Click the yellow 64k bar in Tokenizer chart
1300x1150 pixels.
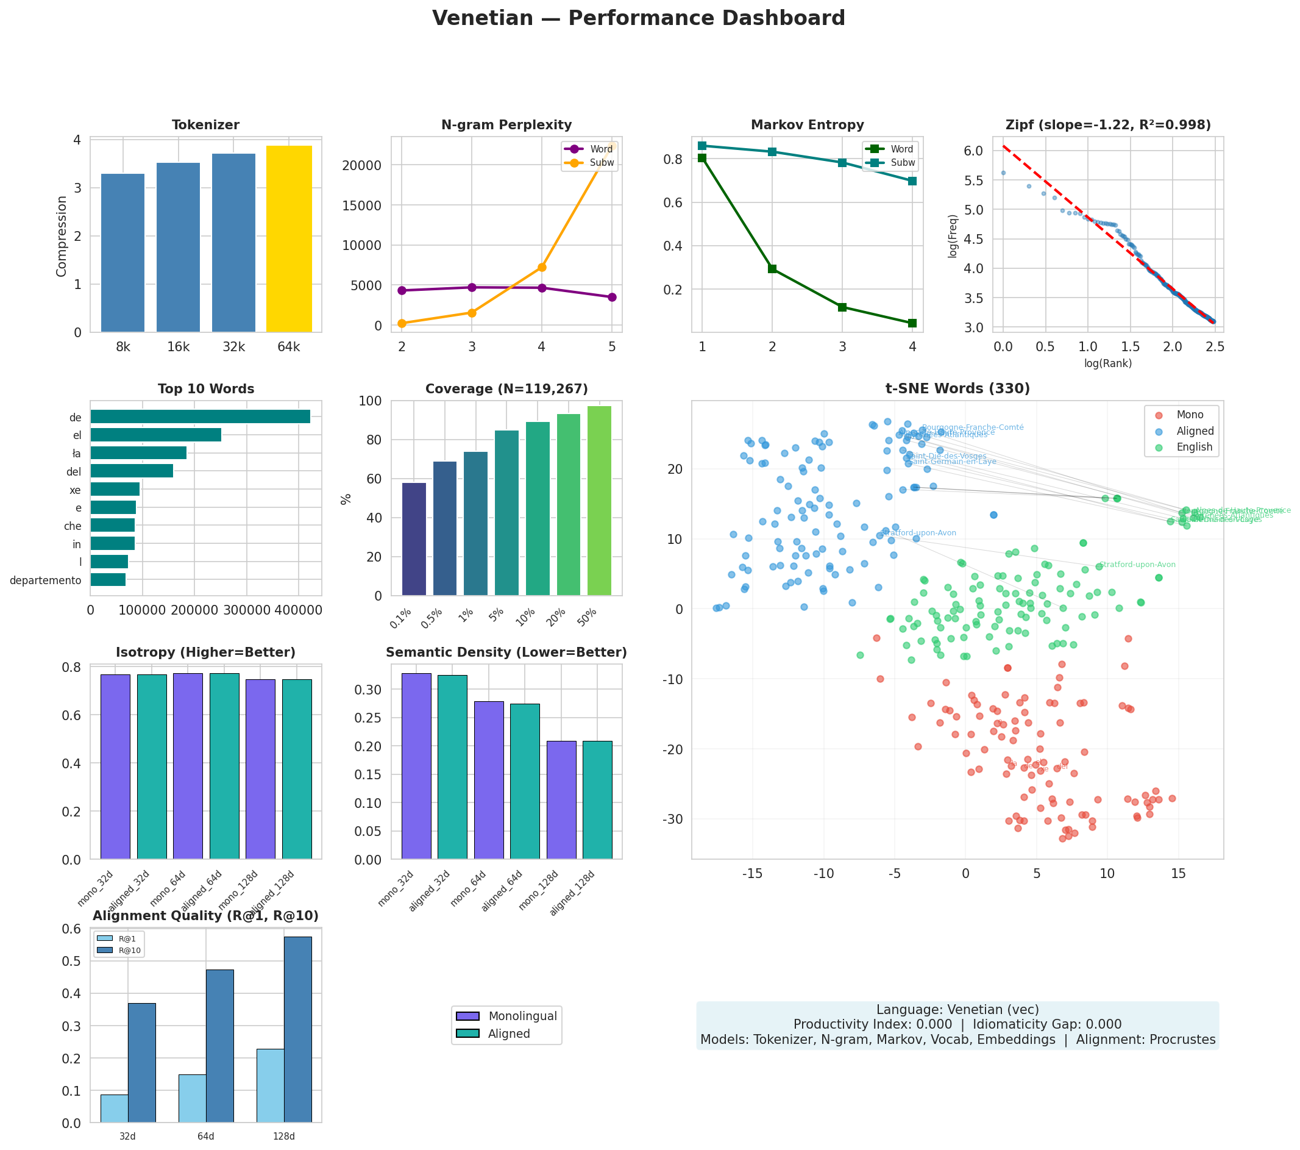pyautogui.click(x=289, y=238)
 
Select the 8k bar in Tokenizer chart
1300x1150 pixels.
pyautogui.click(x=123, y=252)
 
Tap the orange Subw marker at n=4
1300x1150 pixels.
pyautogui.click(x=542, y=267)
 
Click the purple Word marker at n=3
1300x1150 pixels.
pyautogui.click(x=472, y=287)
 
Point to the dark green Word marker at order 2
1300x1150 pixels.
pyautogui.click(x=772, y=269)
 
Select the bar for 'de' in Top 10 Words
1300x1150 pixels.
pyautogui.click(x=201, y=417)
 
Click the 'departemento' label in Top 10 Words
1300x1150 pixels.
pyautogui.click(x=45, y=580)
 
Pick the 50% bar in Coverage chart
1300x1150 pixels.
pyautogui.click(x=599, y=501)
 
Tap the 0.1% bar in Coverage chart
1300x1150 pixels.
pyautogui.click(x=414, y=539)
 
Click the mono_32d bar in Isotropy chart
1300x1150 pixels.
pyautogui.click(x=115, y=766)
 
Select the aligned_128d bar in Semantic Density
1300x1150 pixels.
pyautogui.click(x=597, y=800)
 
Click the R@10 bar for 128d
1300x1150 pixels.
pyautogui.click(x=297, y=1029)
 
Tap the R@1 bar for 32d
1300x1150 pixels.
pyautogui.click(x=115, y=1108)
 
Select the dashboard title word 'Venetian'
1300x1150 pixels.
pyautogui.click(x=483, y=18)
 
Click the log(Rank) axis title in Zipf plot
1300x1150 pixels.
pyautogui.click(x=1108, y=363)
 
